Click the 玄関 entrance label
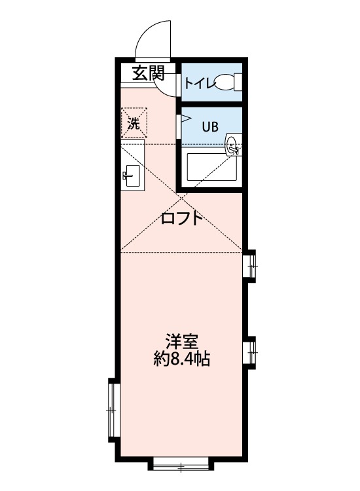(x=148, y=73)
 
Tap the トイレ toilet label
(x=197, y=83)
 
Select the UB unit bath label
(x=209, y=127)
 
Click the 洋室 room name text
(x=182, y=342)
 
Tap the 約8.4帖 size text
(x=182, y=359)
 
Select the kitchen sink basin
(x=132, y=175)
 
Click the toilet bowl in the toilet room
(x=225, y=82)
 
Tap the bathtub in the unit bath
(x=211, y=168)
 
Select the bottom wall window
(x=181, y=465)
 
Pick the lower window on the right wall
(x=251, y=352)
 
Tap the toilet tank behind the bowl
(x=239, y=82)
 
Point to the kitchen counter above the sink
(x=132, y=153)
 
